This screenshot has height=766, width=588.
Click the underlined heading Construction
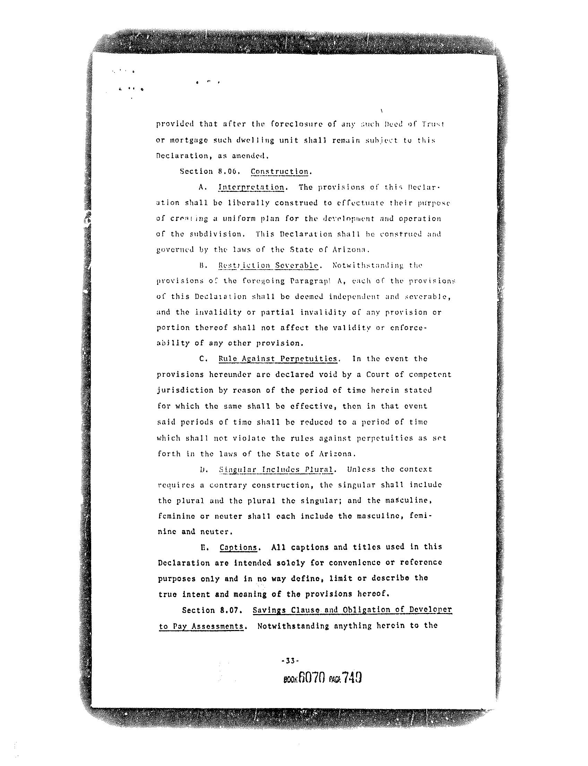click(280, 172)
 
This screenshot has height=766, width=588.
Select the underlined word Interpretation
click(251, 187)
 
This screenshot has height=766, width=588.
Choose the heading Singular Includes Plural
click(276, 470)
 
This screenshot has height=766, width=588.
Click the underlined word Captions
click(238, 547)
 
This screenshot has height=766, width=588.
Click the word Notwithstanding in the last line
click(293, 626)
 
